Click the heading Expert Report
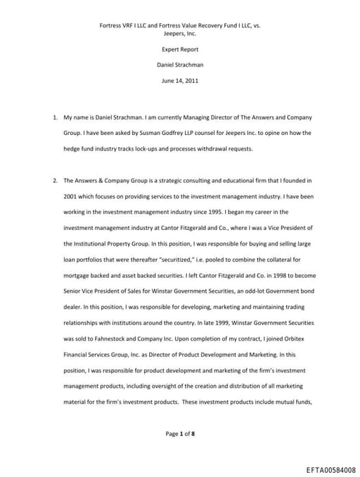[180, 50]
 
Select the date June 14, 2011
[180, 81]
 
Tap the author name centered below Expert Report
[180, 65]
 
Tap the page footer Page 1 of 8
[180, 433]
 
